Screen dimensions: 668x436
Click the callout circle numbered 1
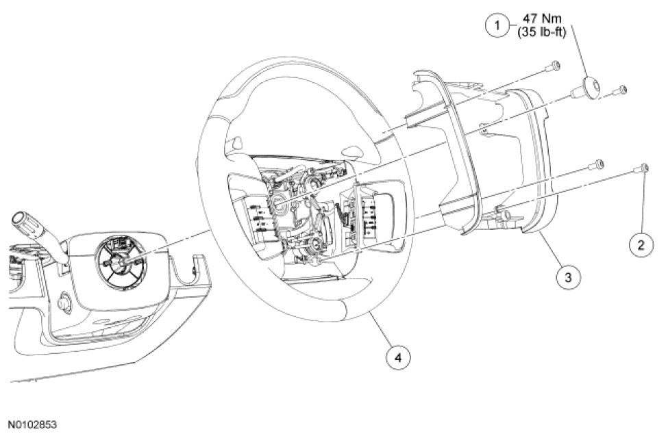tap(495, 26)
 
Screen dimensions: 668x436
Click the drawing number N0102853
tap(33, 424)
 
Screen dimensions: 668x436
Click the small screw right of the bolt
tap(622, 89)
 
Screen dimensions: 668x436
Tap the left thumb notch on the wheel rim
tap(234, 144)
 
